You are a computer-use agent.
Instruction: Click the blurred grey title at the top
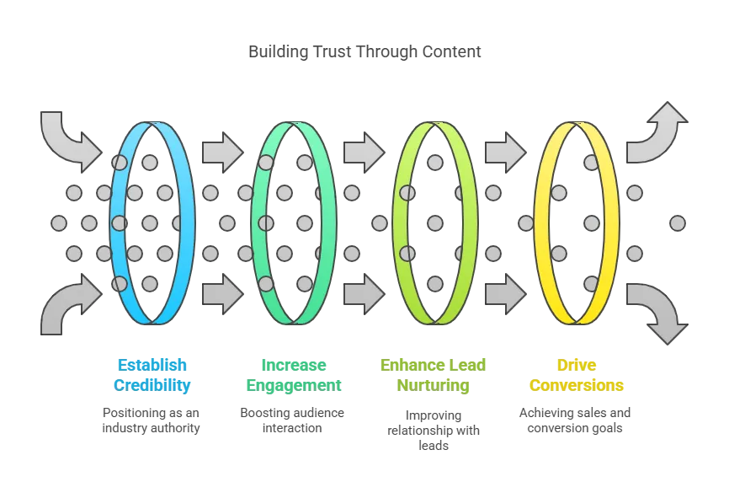[367, 52]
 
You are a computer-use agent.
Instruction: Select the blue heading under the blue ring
[152, 375]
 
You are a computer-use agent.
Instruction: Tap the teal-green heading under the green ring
[293, 375]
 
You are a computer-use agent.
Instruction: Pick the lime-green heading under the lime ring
[434, 375]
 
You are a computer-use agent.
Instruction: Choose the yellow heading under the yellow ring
[577, 375]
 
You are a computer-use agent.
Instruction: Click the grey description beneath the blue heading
[152, 420]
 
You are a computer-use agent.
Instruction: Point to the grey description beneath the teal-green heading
[293, 420]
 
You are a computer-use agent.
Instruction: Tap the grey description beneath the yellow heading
[576, 420]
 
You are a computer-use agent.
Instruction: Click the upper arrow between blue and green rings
[222, 152]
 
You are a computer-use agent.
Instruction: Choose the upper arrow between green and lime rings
[364, 152]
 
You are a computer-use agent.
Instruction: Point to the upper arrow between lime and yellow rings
[505, 152]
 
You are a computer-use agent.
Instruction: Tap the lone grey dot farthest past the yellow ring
[677, 223]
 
